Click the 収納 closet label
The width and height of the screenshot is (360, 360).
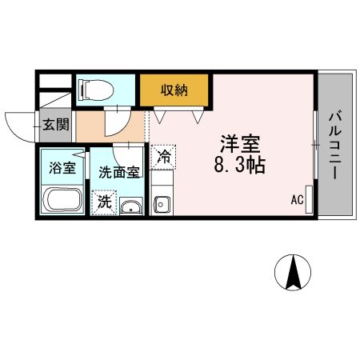tap(175, 90)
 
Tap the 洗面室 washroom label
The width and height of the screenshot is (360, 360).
tap(118, 171)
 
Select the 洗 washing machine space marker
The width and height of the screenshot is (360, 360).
tap(105, 202)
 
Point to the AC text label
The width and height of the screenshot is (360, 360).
tap(295, 201)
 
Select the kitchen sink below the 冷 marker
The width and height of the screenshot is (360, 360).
tap(162, 203)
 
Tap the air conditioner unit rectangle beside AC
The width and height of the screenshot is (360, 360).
tap(309, 200)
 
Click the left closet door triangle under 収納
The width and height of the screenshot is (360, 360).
tap(160, 116)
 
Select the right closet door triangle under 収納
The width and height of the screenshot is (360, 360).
tap(198, 116)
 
